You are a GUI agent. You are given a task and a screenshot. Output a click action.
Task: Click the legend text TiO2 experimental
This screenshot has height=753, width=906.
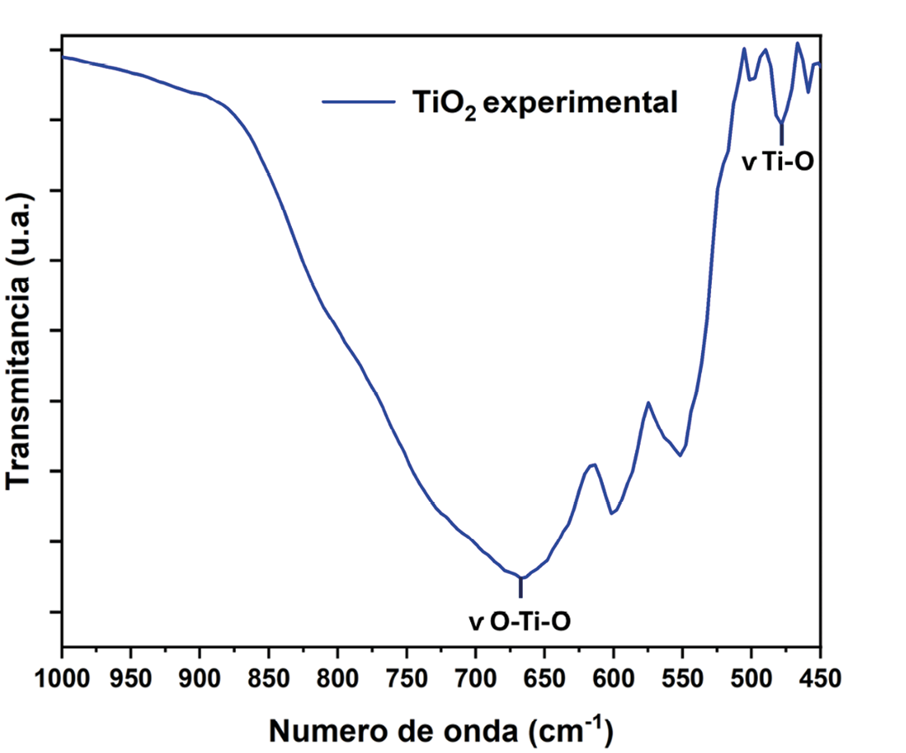point(544,103)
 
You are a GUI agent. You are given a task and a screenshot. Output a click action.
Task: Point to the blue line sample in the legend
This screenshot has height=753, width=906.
point(358,102)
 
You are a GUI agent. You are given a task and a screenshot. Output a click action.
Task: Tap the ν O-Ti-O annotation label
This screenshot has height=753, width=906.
point(523,622)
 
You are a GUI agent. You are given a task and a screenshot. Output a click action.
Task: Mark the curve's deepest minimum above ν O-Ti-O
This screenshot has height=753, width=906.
point(521,577)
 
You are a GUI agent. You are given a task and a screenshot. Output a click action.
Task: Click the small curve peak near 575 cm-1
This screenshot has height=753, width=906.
point(648,402)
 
